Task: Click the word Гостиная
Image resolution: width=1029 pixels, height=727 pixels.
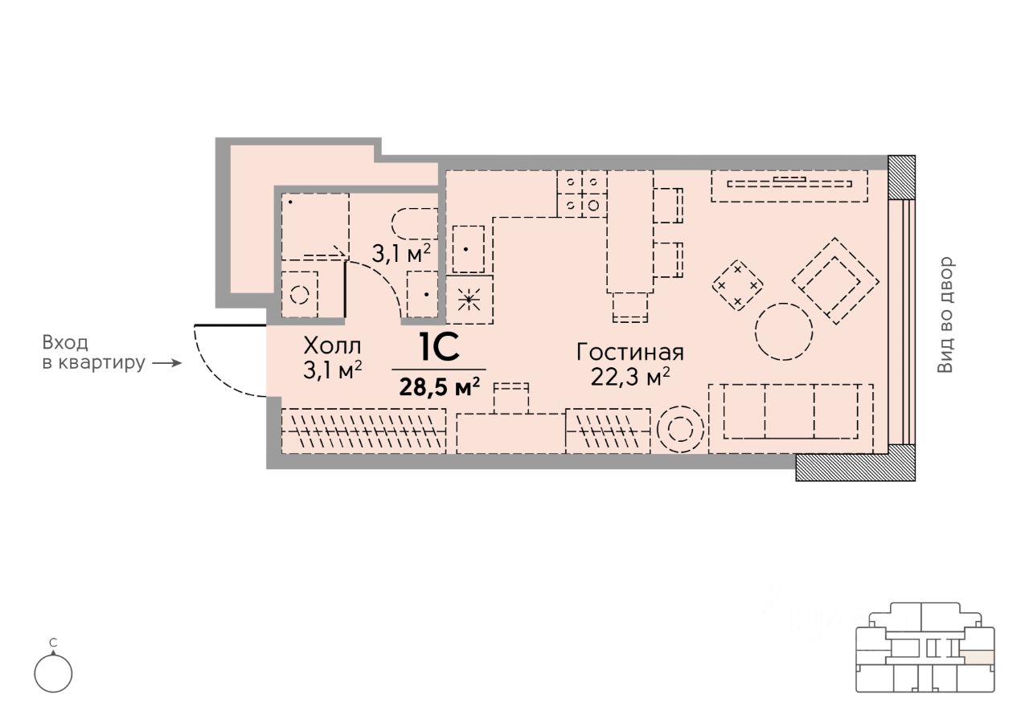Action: click(629, 353)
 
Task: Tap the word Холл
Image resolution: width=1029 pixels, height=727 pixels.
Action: click(332, 346)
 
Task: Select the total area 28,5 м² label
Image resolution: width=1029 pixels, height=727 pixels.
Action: click(439, 387)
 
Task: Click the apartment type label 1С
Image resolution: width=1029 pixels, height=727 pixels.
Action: click(439, 348)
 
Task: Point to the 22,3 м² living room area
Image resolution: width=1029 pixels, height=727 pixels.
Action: click(629, 377)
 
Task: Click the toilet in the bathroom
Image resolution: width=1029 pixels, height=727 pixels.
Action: click(414, 223)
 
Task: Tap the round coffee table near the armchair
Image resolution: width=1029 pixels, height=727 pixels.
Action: click(784, 332)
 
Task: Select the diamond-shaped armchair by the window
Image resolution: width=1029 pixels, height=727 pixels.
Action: click(835, 281)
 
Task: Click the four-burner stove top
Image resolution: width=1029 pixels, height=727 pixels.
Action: click(582, 194)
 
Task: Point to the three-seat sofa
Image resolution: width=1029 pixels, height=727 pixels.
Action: click(790, 419)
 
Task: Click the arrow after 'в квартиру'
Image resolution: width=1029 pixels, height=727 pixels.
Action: click(166, 363)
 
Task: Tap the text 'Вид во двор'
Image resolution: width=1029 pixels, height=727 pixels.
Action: click(946, 314)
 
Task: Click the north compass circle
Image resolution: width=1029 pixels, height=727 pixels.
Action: click(53, 673)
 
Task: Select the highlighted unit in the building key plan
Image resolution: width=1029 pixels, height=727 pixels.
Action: click(979, 658)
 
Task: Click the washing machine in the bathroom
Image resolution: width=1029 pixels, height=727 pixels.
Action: click(300, 294)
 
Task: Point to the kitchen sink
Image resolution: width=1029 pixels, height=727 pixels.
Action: click(468, 249)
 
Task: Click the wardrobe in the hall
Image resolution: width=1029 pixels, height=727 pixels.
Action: click(363, 431)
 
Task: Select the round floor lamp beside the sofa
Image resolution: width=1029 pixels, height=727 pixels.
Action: click(680, 429)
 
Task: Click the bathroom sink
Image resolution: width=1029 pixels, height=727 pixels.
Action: click(423, 294)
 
